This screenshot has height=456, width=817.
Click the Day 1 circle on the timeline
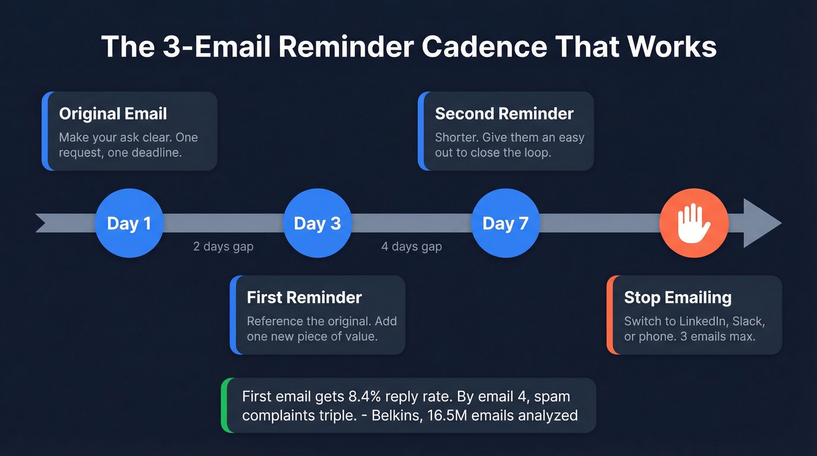pos(129,223)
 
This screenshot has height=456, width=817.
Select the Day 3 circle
pos(317,223)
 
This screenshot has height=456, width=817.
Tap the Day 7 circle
pos(505,223)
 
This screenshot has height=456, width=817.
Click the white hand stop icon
pos(693,222)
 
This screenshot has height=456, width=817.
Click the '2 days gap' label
pos(223,246)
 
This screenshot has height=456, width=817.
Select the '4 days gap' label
pos(411,246)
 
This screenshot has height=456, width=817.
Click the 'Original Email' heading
pos(113,113)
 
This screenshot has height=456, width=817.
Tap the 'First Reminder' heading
pos(304,297)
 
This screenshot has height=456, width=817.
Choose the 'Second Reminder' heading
pos(504,113)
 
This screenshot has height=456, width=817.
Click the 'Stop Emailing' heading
pos(678,297)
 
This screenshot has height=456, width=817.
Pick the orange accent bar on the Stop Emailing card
pos(610,315)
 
